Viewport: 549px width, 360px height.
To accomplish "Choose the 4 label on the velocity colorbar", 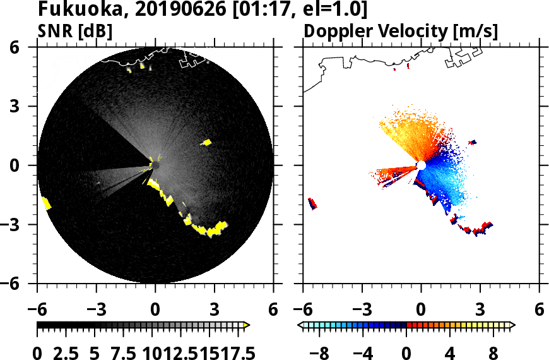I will tap(451, 352).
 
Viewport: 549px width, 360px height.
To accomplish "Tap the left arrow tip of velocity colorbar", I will tap(300, 325).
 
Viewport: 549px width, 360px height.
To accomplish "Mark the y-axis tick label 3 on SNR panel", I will tap(25, 106).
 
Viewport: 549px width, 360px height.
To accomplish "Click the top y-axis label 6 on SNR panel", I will tap(25, 47).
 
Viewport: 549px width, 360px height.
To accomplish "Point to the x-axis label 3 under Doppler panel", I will tap(480, 310).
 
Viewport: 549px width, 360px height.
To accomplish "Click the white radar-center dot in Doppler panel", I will tap(421, 165).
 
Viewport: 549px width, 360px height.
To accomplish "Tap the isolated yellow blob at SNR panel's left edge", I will tap(46, 203).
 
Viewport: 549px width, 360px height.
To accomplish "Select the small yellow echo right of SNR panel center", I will tap(206, 143).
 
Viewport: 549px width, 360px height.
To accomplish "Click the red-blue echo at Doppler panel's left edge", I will tap(312, 203).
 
